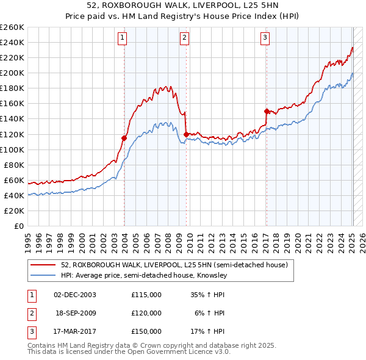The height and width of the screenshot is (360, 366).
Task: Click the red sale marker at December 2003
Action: [x=124, y=138]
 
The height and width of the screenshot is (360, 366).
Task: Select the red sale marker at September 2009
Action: [x=185, y=134]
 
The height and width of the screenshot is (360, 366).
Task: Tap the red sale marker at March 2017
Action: [x=267, y=111]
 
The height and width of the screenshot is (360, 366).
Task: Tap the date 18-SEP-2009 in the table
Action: [x=76, y=313]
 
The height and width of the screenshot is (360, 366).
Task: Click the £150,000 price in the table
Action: [x=146, y=331]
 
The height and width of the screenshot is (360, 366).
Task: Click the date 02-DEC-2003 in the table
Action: [x=76, y=294]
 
